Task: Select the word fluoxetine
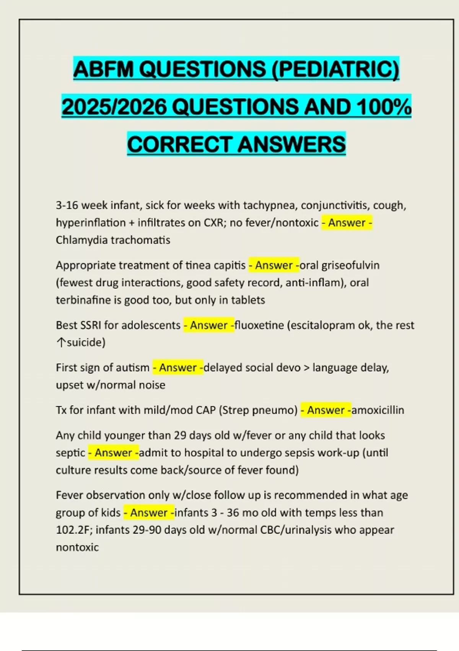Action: (x=259, y=325)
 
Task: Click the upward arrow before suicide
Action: (x=61, y=342)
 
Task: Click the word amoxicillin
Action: (x=378, y=410)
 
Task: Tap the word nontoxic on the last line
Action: (x=77, y=547)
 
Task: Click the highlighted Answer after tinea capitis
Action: (x=273, y=265)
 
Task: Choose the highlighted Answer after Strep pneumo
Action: (x=326, y=410)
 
